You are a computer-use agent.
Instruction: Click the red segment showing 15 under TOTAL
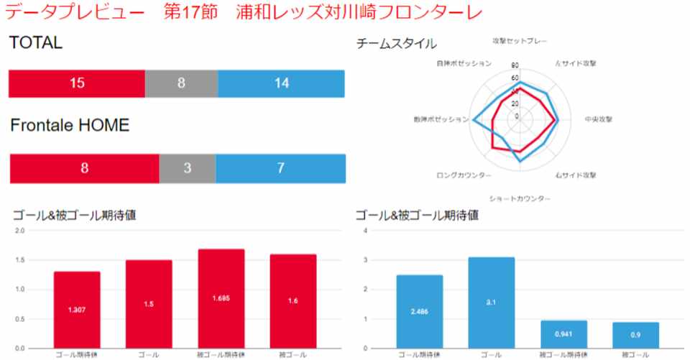[x=77, y=83]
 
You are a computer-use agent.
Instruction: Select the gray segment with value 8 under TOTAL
[x=181, y=83]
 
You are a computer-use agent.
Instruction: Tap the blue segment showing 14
[x=281, y=83]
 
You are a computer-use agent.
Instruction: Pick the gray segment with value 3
[x=187, y=168]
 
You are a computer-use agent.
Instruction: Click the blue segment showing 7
[x=280, y=168]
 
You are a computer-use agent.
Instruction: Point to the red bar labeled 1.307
[x=77, y=310]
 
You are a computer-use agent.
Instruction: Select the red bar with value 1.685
[x=221, y=298]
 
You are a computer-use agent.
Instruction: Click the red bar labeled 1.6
[x=293, y=301]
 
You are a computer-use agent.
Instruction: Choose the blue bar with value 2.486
[x=420, y=311]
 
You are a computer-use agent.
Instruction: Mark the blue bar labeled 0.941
[x=563, y=334]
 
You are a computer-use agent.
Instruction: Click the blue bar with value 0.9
[x=636, y=335]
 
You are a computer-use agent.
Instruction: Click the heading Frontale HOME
[x=70, y=126]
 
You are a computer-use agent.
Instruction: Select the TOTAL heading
[x=35, y=43]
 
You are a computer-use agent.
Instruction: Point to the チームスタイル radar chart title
[x=396, y=44]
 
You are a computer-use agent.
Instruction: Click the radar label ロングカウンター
[x=464, y=175]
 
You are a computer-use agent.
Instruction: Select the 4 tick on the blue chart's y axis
[x=366, y=231]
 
